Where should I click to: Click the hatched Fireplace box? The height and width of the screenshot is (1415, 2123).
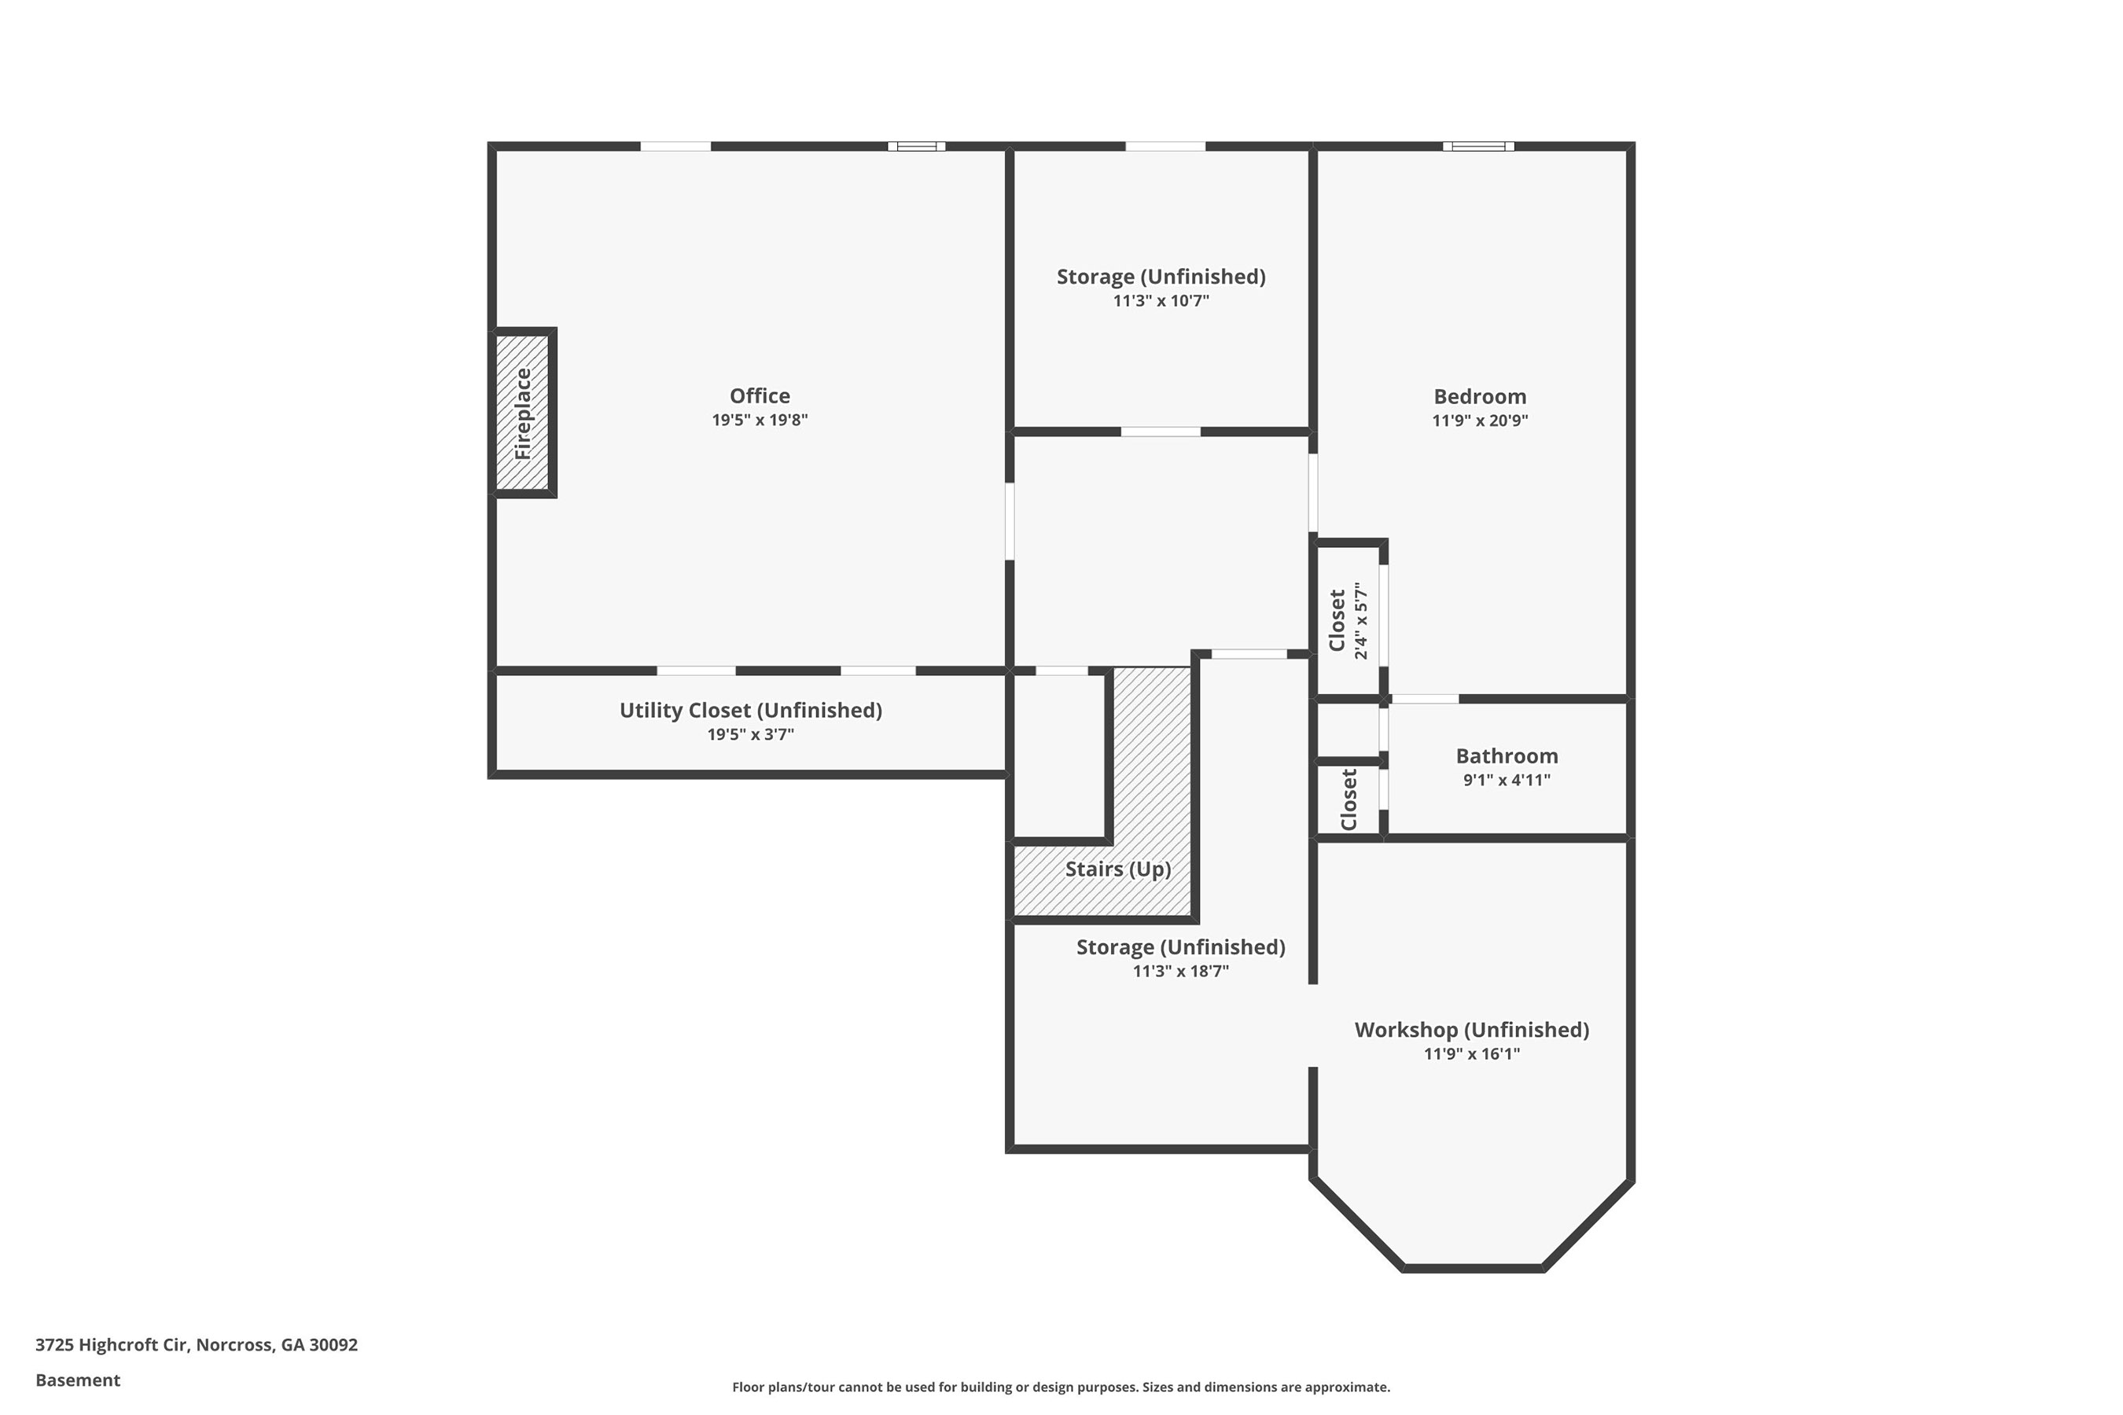point(523,413)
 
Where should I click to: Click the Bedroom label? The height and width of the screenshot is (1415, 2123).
point(1480,397)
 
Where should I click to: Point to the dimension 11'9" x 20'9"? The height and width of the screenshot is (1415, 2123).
point(1480,421)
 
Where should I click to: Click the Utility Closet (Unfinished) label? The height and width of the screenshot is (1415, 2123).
point(750,710)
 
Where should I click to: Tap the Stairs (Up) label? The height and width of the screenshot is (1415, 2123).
point(1117,869)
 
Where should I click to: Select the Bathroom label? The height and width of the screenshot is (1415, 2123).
point(1507,756)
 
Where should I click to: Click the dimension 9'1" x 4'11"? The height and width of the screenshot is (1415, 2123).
point(1507,780)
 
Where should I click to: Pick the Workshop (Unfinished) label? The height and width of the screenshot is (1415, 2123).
point(1471,1030)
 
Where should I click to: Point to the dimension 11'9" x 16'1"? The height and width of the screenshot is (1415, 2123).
point(1471,1053)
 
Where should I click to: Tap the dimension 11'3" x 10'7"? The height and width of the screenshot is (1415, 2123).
point(1161,300)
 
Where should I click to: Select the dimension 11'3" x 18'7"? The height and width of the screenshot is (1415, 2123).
point(1181,971)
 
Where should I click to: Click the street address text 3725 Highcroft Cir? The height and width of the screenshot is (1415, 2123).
point(112,1344)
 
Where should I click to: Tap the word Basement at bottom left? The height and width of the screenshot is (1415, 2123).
point(78,1380)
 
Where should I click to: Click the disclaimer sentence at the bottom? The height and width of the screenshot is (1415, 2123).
point(1061,1387)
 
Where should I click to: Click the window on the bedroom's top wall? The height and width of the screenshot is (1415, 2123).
point(1477,146)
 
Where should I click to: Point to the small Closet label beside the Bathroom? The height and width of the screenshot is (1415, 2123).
point(1348,799)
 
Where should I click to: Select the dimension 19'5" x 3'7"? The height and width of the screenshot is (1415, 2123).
point(750,734)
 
